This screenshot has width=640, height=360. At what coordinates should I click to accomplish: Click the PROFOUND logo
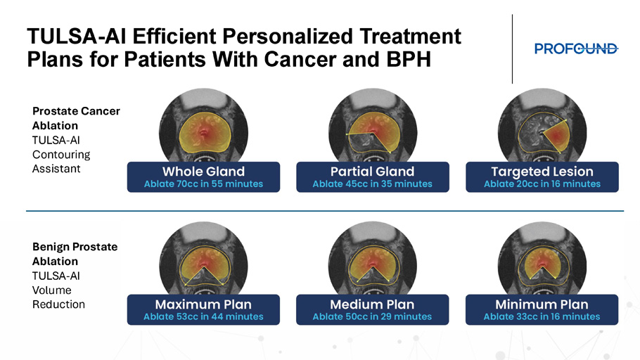(x=576, y=49)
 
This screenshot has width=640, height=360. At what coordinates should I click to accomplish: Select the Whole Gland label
(x=204, y=172)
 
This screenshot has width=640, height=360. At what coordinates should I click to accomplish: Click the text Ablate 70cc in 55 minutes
(x=204, y=184)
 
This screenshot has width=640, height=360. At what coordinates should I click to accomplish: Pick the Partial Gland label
(x=372, y=172)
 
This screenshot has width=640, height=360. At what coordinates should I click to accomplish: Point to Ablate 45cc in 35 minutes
(x=372, y=184)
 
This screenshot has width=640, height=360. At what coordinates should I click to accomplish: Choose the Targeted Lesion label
(x=542, y=172)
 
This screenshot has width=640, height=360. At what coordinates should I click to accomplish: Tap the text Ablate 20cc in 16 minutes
(x=542, y=184)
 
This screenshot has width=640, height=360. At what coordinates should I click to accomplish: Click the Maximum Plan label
(x=203, y=304)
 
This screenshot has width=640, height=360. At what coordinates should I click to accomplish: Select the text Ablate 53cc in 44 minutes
(x=203, y=316)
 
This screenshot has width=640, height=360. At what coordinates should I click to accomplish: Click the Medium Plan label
(x=372, y=304)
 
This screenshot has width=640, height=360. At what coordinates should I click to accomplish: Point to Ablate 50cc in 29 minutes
(x=372, y=316)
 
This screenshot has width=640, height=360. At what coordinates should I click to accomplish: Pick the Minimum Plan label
(x=542, y=304)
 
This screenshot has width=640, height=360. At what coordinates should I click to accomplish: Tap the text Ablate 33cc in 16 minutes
(x=542, y=316)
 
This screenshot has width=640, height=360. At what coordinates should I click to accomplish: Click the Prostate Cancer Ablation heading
(x=76, y=118)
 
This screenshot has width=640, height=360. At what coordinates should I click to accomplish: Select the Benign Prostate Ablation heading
(x=75, y=254)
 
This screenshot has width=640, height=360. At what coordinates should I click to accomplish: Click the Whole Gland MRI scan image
(x=203, y=127)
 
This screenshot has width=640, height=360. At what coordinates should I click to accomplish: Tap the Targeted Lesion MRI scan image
(x=542, y=127)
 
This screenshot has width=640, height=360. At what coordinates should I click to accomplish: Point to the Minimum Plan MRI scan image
(x=542, y=259)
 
